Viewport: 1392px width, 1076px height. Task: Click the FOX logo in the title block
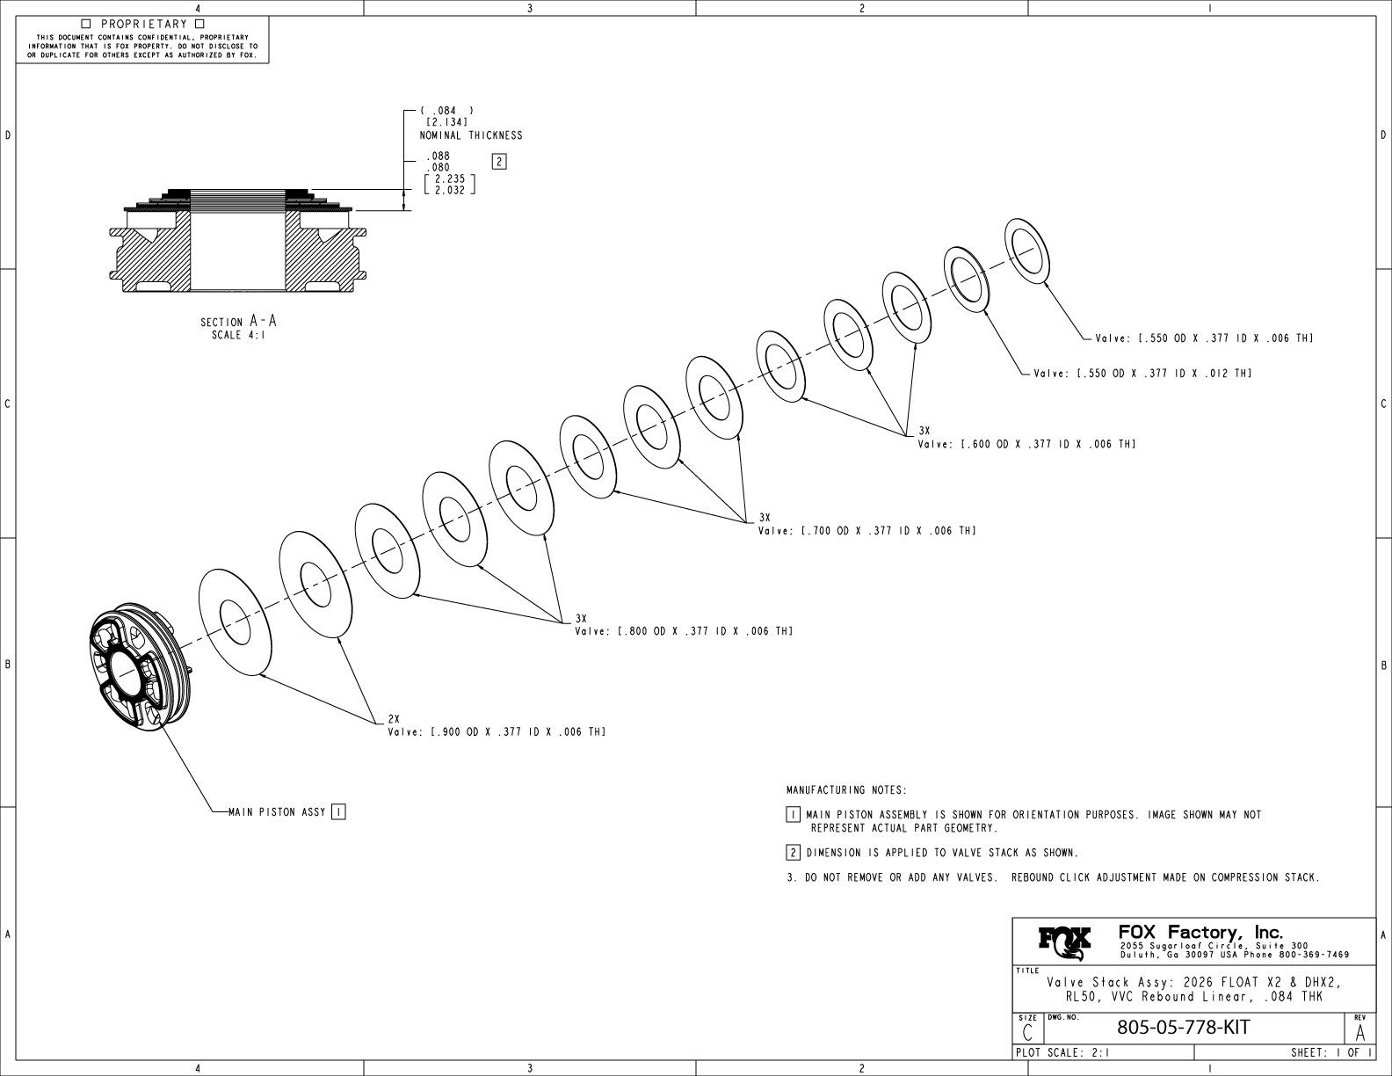click(x=1065, y=942)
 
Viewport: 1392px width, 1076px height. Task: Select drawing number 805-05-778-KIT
click(x=1182, y=1028)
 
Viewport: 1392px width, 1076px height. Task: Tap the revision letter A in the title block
click(x=1360, y=1031)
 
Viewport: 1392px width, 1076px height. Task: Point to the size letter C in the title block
click(x=1027, y=1032)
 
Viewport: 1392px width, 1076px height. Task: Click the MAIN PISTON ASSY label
click(x=277, y=812)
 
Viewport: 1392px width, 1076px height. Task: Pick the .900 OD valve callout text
click(x=497, y=731)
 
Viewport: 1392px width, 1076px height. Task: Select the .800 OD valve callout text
click(x=684, y=631)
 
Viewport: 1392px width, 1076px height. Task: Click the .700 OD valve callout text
click(x=866, y=531)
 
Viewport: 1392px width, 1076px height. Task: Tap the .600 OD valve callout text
click(x=1026, y=444)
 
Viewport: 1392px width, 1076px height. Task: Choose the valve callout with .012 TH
click(x=1142, y=374)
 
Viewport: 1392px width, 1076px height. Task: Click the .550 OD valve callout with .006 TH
click(x=1204, y=338)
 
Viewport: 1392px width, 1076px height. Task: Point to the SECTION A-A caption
click(x=238, y=323)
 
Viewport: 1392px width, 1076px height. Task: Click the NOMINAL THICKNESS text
click(x=471, y=135)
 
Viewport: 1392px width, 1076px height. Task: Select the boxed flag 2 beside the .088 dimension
click(x=499, y=161)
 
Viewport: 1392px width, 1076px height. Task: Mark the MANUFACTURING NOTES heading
click(x=846, y=790)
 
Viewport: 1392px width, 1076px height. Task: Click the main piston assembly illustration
click(x=138, y=666)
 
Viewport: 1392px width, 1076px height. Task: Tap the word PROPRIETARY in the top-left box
click(x=143, y=24)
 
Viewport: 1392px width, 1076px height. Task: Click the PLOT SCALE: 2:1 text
click(x=1062, y=1052)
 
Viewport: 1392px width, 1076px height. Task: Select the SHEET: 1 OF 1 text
click(x=1330, y=1052)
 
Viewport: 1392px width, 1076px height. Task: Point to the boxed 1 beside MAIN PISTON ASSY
click(x=338, y=812)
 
